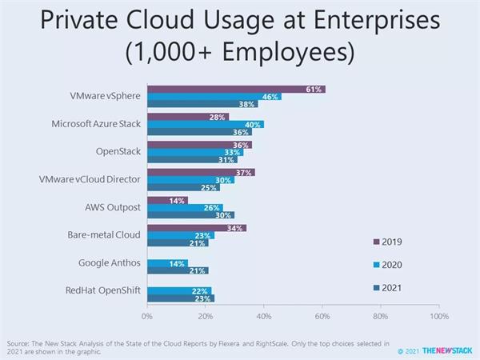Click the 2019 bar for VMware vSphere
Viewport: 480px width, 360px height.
pos(236,89)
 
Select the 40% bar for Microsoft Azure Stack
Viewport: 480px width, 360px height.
pos(206,125)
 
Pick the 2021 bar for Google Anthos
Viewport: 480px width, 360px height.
pos(178,271)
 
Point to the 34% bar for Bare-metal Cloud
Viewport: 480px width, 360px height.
pos(197,228)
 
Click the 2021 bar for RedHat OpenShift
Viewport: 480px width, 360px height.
pos(181,298)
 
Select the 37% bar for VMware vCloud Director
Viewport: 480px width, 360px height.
pos(201,172)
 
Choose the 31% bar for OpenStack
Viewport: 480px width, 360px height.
pos(192,160)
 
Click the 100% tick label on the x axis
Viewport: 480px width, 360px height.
pos(439,317)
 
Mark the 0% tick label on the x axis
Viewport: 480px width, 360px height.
pos(148,317)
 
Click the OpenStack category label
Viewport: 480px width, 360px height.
pos(117,151)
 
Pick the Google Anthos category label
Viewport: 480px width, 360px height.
pos(110,262)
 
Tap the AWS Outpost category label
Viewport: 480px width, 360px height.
pos(113,207)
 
